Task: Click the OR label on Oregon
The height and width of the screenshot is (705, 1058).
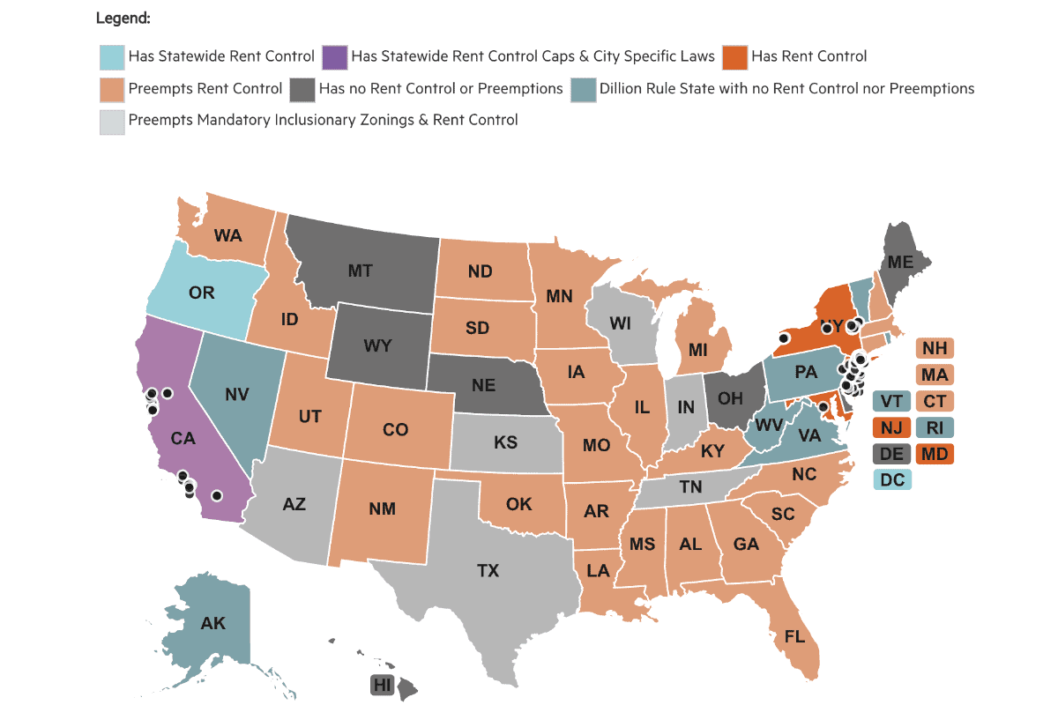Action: (202, 293)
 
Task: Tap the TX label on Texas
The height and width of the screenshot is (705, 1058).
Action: (488, 571)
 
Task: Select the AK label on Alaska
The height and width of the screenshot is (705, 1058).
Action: (213, 624)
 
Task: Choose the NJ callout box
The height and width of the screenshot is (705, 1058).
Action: (892, 428)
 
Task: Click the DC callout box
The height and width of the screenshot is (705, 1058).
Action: (892, 479)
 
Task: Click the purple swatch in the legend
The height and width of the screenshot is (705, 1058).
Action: (337, 57)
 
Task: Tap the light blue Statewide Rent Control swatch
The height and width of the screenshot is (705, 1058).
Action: (113, 57)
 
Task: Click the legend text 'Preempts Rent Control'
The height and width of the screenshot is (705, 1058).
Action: (205, 88)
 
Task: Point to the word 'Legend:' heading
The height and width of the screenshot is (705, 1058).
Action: (123, 18)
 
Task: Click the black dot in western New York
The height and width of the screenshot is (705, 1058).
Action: (783, 338)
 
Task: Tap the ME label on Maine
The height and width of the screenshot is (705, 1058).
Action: (900, 262)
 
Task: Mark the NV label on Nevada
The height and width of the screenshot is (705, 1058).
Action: (235, 396)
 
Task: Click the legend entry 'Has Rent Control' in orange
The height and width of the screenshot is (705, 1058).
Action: (809, 56)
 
